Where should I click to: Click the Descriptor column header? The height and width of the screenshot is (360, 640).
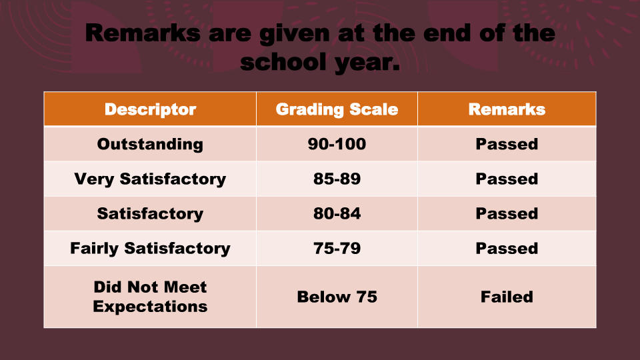tap(150, 109)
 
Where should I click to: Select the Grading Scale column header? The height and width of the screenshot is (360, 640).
tap(337, 109)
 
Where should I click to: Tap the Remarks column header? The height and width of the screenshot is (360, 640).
tap(507, 109)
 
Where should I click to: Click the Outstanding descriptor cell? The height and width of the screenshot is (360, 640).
tap(150, 145)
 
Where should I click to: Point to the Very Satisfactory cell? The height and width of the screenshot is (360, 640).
tap(150, 179)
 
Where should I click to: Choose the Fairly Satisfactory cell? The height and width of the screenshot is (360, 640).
tap(150, 249)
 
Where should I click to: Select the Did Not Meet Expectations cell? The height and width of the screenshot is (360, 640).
tap(150, 297)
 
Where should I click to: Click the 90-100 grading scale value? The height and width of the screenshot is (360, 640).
tap(337, 144)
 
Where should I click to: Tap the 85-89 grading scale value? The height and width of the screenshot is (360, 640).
tap(337, 179)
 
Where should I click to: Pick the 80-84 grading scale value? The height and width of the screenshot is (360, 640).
tap(337, 213)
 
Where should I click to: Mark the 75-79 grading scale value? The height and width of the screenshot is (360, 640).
tap(337, 248)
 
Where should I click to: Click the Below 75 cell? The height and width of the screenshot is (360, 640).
tap(337, 297)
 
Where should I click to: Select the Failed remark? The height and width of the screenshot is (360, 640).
tap(507, 297)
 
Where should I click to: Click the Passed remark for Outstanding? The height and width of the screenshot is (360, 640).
tap(507, 144)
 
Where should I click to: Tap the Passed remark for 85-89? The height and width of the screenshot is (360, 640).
tap(507, 179)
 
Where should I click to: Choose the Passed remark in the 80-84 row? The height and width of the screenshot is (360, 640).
tap(507, 213)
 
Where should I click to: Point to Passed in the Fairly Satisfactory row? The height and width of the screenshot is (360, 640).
tap(507, 248)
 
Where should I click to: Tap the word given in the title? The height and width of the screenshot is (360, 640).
tap(294, 34)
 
